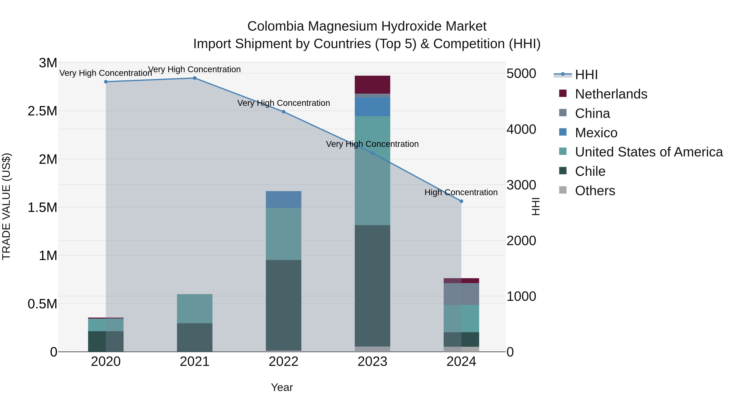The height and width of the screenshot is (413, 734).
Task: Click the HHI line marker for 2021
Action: (195, 78)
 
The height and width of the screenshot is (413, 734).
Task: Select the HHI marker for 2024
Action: (461, 201)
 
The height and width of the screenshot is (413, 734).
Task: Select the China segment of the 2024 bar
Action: (461, 294)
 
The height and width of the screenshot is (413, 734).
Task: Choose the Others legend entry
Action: (595, 191)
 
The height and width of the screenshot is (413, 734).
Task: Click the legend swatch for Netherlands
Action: (563, 93)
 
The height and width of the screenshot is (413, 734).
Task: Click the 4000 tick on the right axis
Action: (521, 129)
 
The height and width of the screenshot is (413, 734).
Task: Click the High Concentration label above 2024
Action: (461, 192)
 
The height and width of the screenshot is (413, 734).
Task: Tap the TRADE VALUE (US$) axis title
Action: (6, 206)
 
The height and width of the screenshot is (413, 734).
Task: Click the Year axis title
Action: (282, 387)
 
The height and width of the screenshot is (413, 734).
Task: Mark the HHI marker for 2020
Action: (106, 82)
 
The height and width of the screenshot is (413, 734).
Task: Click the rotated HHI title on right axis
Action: (536, 206)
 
